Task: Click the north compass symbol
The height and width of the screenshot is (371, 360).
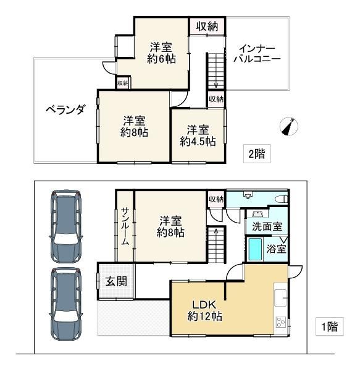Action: pyautogui.click(x=288, y=126)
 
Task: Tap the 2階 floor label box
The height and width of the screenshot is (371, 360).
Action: pyautogui.click(x=257, y=154)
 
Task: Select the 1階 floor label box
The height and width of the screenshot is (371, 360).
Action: pyautogui.click(x=330, y=326)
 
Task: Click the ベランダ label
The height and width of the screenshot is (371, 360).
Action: pyautogui.click(x=65, y=109)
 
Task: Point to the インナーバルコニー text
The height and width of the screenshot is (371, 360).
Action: pyautogui.click(x=257, y=54)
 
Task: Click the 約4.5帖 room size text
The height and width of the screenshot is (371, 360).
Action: pyautogui.click(x=198, y=142)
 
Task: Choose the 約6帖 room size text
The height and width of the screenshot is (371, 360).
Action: pyautogui.click(x=162, y=59)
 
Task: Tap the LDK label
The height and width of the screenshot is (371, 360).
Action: pyautogui.click(x=204, y=305)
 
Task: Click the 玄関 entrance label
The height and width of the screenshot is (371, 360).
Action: pyautogui.click(x=116, y=281)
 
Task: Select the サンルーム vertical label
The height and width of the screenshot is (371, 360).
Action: pyautogui.click(x=125, y=226)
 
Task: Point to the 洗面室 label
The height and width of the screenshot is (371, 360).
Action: pyautogui.click(x=267, y=226)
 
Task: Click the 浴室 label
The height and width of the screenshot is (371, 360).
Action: pyautogui.click(x=277, y=249)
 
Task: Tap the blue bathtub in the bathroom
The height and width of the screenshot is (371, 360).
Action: pyautogui.click(x=256, y=250)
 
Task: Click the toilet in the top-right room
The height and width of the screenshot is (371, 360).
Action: pyautogui.click(x=282, y=198)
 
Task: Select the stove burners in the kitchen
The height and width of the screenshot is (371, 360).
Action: pyautogui.click(x=281, y=322)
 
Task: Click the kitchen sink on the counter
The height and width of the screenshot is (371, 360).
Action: pyautogui.click(x=280, y=297)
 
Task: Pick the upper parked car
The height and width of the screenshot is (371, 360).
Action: pyautogui.click(x=66, y=226)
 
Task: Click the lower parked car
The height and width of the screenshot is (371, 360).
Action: pyautogui.click(x=66, y=304)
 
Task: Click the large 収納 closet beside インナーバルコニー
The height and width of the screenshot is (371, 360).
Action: pyautogui.click(x=207, y=26)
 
